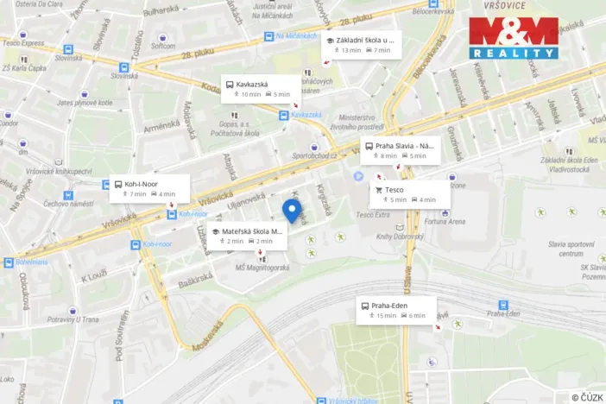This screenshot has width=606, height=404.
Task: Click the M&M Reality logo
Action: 514,38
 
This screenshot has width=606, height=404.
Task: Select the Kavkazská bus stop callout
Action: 261,89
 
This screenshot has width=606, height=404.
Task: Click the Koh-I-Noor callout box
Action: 143,188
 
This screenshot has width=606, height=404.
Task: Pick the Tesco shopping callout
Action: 410,194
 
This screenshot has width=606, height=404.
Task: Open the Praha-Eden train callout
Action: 396,310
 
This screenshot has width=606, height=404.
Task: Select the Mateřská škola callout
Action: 245,236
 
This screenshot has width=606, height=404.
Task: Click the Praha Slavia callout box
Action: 400,150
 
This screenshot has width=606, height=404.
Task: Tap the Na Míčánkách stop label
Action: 297,36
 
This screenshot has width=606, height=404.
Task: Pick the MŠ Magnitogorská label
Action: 263,268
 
